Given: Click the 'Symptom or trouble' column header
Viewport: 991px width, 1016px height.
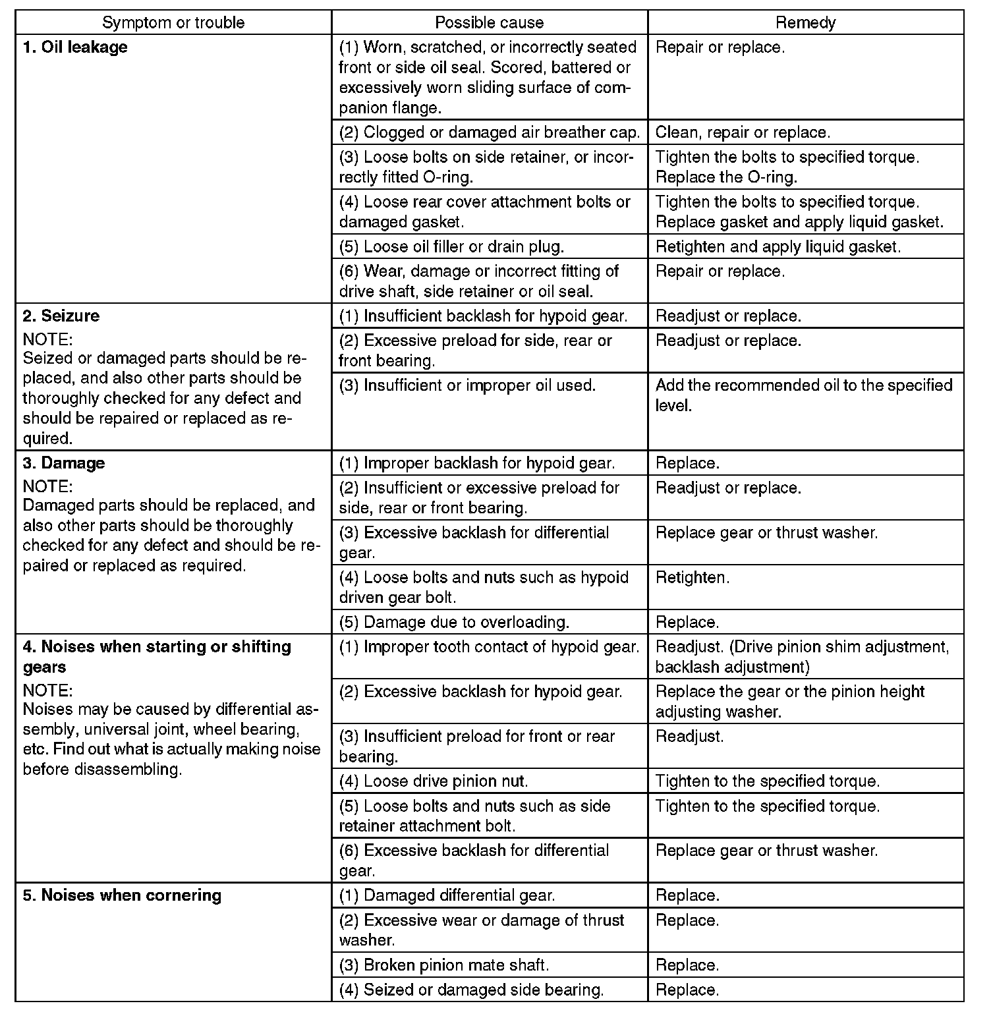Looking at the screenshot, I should click(173, 23).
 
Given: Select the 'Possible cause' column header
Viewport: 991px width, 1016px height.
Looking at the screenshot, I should click(489, 23).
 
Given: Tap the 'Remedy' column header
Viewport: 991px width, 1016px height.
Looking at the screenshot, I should click(805, 23).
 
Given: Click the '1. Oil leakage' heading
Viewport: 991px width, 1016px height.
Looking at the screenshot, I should click(75, 47).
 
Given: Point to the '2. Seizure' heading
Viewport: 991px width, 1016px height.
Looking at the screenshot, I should click(61, 316).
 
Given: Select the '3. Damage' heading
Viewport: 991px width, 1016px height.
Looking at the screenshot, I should click(64, 463).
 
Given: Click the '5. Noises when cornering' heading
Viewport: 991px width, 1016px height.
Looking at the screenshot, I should click(122, 895).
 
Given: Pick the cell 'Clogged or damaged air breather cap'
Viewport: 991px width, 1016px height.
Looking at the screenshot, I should click(489, 132).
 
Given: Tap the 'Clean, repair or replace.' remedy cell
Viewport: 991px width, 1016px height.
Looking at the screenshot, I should click(743, 132).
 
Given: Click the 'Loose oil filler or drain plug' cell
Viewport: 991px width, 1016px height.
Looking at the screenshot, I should click(451, 246).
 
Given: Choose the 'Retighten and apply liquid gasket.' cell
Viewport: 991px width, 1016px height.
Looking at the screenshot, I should click(778, 246).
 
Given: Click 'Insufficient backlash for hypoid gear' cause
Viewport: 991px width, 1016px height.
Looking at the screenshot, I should click(484, 316).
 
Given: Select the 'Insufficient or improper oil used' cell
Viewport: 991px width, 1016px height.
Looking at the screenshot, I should click(467, 385).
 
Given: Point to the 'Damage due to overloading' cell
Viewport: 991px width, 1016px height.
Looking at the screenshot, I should click(454, 622).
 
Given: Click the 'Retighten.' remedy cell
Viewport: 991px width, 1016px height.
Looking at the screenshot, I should click(693, 578).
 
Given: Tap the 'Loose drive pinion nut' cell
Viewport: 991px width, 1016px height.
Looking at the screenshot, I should click(434, 781).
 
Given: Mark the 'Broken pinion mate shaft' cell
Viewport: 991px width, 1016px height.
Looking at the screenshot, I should click(444, 965).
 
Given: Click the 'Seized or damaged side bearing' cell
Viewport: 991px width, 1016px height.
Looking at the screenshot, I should click(471, 990).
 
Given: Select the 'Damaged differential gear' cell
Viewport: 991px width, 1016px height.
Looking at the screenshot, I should click(447, 895).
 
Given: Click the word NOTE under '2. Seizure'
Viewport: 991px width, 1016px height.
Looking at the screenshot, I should click(47, 339).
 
